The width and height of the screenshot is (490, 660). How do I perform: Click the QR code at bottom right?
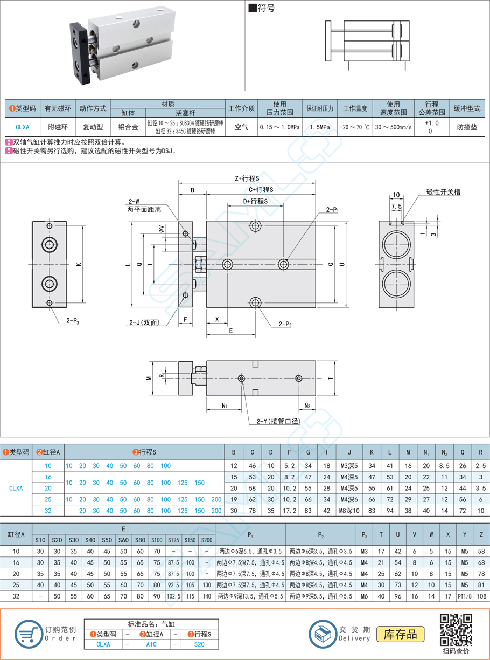456,629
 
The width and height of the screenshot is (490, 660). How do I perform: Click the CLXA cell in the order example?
103,644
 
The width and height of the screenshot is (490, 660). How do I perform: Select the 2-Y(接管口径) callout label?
274,421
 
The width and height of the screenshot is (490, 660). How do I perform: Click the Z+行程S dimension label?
247,178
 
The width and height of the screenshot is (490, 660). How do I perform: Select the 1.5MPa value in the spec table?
320,127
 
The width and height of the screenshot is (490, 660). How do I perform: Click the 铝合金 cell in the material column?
128,127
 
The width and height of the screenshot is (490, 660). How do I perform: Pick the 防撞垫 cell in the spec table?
467,127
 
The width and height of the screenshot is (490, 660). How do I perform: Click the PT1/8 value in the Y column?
464,596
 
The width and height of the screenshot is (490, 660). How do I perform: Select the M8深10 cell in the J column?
349,511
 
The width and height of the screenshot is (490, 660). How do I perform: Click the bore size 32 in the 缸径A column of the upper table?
48,511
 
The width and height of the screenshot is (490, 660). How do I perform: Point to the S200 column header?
206,540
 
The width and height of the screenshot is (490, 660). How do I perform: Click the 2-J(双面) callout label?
143,322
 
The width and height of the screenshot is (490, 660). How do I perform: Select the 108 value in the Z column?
481,596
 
